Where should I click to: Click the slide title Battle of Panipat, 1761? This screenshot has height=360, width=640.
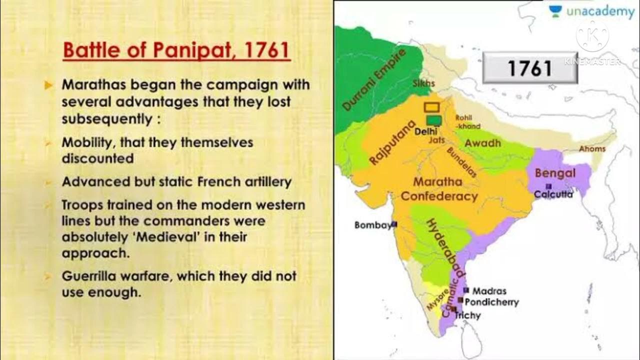176,50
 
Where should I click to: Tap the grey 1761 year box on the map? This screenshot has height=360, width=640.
529,68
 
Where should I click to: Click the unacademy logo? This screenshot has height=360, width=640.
591,11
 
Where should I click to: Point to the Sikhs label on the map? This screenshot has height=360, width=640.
423,83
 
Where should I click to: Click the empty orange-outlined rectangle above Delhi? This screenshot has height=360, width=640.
432,107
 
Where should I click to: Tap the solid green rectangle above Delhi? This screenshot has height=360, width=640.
434,120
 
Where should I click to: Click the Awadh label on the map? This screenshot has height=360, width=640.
482,143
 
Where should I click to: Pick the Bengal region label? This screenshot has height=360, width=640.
555,173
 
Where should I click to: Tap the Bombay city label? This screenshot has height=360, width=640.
373,225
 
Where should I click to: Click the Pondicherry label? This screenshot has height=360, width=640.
491,302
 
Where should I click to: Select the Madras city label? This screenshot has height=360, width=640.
489,290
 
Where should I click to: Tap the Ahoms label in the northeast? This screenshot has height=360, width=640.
592,148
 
